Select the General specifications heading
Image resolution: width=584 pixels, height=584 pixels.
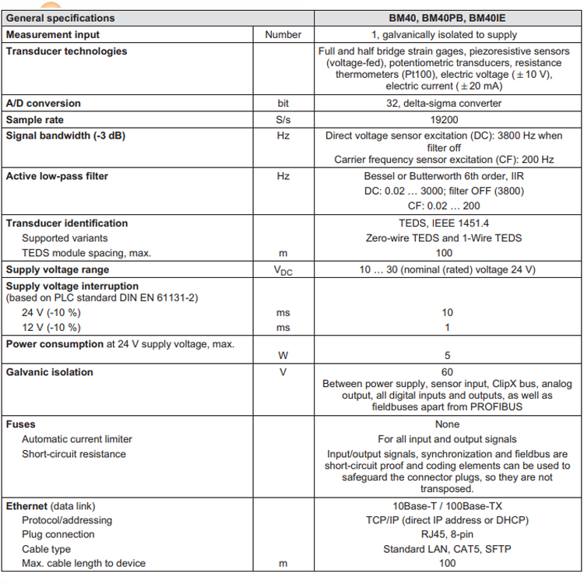click(60, 18)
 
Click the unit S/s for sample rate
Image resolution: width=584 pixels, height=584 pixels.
click(283, 120)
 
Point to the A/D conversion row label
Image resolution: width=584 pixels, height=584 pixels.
click(44, 104)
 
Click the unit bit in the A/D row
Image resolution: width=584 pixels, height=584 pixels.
click(283, 104)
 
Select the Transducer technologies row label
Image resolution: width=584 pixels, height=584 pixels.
click(66, 51)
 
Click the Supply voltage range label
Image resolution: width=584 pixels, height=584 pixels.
click(58, 270)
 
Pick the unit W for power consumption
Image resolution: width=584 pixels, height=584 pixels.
click(283, 356)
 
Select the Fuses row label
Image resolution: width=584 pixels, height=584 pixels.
click(20, 424)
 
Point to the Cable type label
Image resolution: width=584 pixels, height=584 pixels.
click(47, 549)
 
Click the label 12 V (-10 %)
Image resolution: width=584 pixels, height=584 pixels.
click(51, 327)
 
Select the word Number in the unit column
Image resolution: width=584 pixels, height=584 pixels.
click(283, 34)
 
